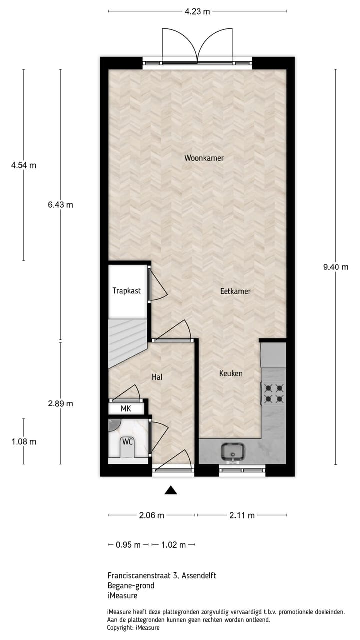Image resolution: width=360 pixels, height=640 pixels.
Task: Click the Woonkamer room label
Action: point(204,158)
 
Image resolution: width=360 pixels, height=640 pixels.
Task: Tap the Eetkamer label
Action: point(235,291)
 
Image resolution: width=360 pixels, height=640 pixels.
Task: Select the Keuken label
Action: point(231,373)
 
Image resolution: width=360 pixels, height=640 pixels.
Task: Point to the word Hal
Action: point(158,377)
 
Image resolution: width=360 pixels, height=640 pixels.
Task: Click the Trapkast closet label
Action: point(126,291)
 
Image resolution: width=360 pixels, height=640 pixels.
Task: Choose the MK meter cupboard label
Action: point(126,408)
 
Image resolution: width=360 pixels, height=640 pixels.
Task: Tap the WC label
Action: point(128,442)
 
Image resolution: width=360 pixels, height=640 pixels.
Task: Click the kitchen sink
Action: point(232,451)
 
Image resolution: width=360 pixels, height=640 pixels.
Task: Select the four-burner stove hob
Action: point(273,393)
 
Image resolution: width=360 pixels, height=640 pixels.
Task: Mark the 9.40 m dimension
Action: point(335,267)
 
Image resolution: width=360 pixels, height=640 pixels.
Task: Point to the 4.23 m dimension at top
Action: point(197,11)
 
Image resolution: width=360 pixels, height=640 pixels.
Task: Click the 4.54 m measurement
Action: point(24,165)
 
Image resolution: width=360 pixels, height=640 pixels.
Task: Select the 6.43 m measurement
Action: point(60,205)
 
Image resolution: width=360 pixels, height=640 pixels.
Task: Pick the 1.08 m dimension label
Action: point(24,442)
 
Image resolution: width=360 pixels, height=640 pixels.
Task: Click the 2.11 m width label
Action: point(242,515)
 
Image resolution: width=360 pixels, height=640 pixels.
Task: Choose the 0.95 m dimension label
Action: point(128,545)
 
